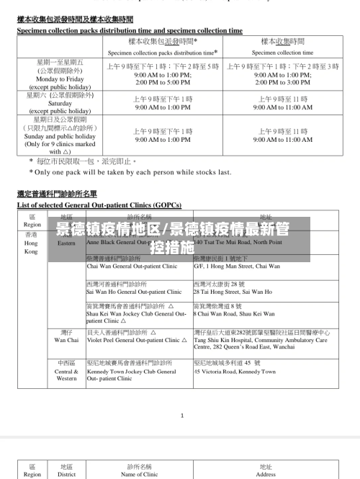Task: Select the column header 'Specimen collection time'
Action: click(x=283, y=53)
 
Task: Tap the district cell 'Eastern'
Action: click(x=66, y=243)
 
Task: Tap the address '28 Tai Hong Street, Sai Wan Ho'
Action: click(x=233, y=292)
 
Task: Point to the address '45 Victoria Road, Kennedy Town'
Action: click(x=235, y=372)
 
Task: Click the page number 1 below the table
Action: click(x=182, y=415)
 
